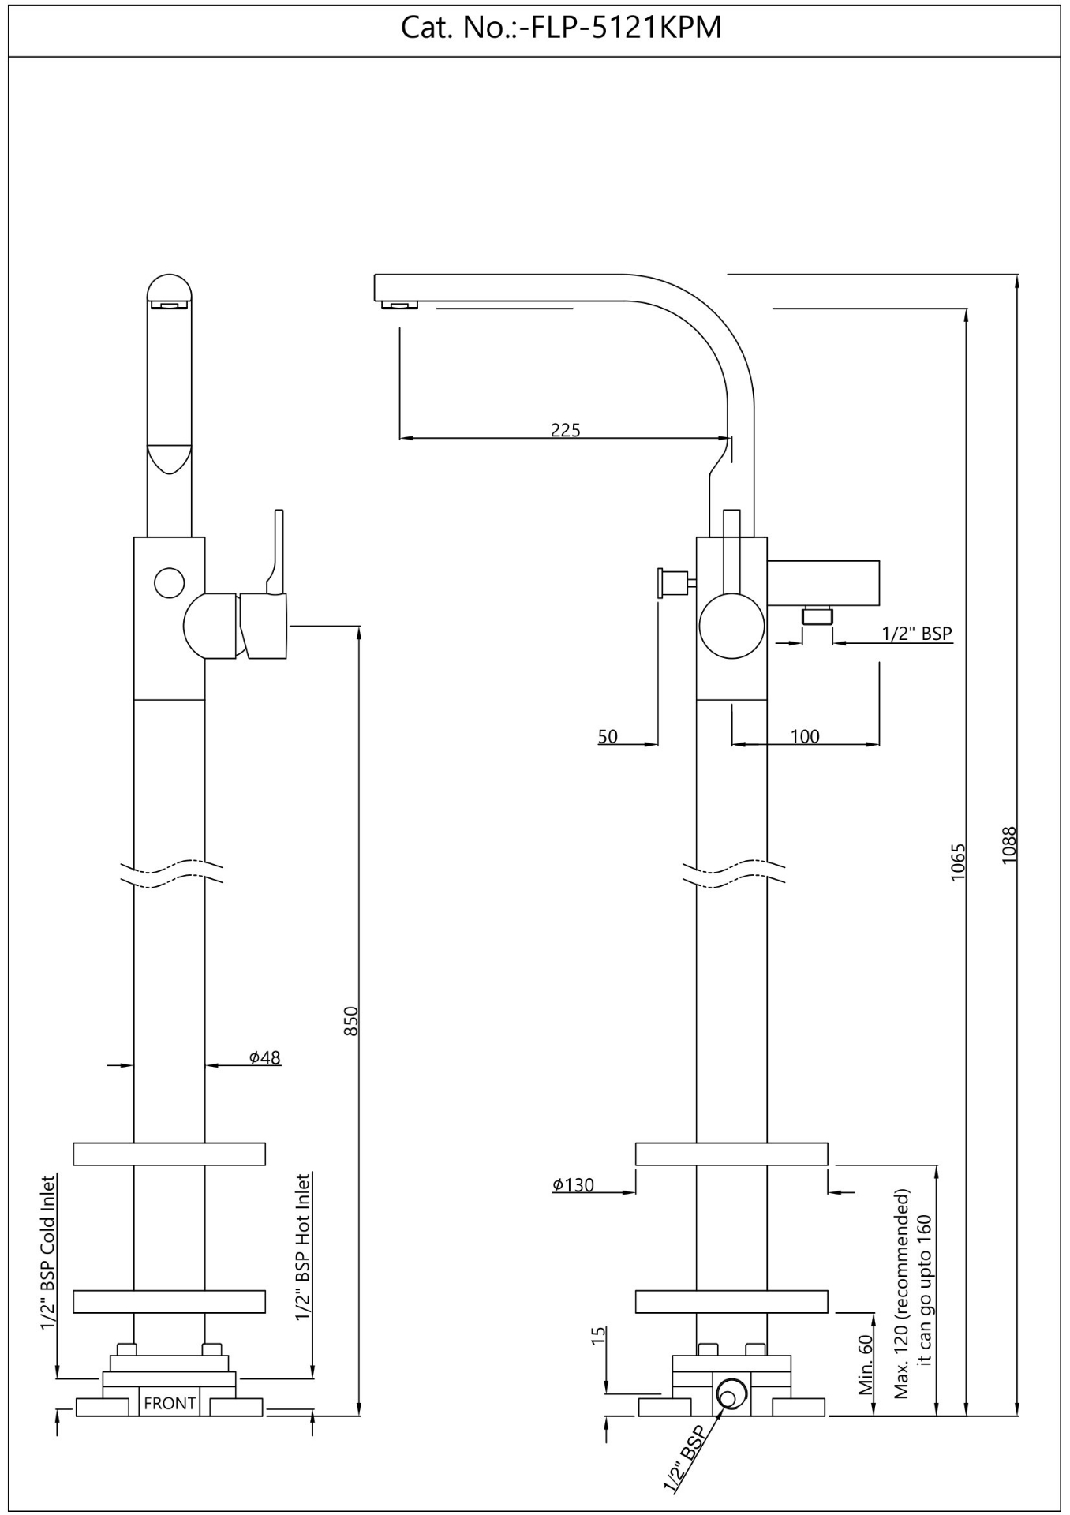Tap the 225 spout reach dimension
565,430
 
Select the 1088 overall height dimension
1009,844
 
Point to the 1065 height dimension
958,862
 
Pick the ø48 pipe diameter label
265,1057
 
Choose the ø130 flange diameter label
573,1184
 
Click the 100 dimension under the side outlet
805,736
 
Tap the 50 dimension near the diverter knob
608,736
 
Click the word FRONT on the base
170,1404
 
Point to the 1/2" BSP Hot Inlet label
302,1248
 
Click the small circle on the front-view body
170,582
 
